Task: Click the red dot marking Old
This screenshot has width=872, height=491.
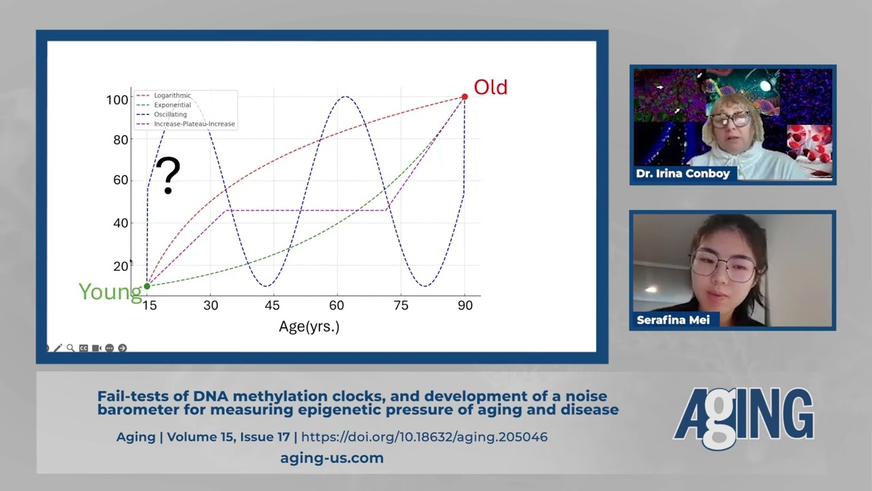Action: click(x=465, y=97)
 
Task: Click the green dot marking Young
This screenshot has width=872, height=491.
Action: click(x=147, y=286)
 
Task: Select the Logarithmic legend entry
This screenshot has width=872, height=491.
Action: click(x=164, y=95)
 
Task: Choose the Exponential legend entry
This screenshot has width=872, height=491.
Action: click(x=164, y=105)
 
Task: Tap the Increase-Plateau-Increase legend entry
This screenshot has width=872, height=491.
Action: click(x=186, y=124)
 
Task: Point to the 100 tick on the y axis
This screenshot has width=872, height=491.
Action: click(x=117, y=100)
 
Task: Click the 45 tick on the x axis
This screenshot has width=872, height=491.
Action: click(x=272, y=305)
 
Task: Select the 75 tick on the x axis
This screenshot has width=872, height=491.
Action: click(x=401, y=305)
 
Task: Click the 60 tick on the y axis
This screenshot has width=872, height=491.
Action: click(x=121, y=180)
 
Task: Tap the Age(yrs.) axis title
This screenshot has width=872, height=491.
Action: click(x=309, y=327)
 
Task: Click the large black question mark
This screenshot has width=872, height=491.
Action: click(x=168, y=175)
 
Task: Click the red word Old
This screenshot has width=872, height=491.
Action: click(x=490, y=87)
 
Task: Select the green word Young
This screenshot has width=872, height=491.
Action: click(x=110, y=291)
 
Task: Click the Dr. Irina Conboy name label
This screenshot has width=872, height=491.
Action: click(x=683, y=173)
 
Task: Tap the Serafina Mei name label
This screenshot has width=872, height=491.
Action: click(x=673, y=320)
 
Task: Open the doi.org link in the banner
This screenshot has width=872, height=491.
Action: click(x=424, y=437)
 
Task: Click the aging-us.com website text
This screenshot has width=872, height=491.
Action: click(x=332, y=458)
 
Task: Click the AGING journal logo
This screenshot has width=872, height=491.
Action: click(x=743, y=418)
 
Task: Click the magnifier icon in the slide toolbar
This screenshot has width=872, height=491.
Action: click(x=70, y=348)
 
